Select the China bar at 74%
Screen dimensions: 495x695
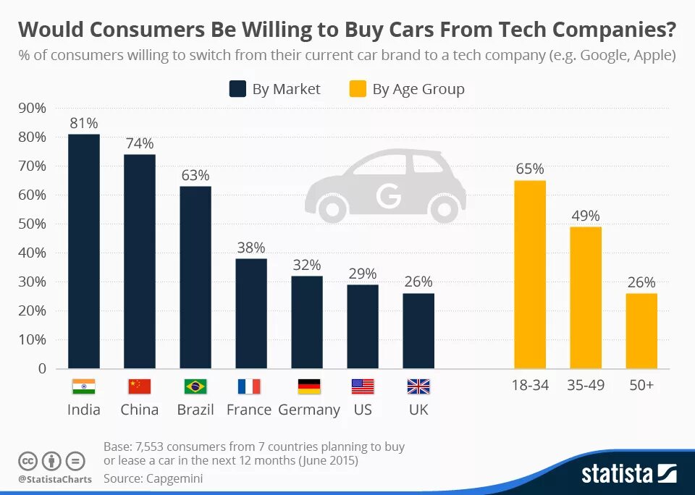click(140, 261)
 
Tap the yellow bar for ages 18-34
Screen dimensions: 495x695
click(530, 274)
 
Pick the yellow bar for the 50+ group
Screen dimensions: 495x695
click(641, 331)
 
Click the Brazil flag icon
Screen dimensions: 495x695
click(195, 386)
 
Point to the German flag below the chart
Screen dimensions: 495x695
click(308, 386)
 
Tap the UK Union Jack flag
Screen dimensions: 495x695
click(418, 386)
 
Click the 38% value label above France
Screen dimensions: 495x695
click(251, 247)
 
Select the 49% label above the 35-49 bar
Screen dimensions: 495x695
click(585, 216)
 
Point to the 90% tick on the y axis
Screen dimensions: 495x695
click(31, 108)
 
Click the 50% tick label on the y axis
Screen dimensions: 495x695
click(31, 224)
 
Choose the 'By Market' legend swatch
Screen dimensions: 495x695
click(237, 89)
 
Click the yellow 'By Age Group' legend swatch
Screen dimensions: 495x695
click(358, 89)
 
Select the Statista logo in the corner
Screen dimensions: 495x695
click(628, 474)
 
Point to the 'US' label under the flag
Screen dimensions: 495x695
click(363, 410)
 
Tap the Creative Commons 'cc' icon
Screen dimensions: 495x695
click(28, 460)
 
